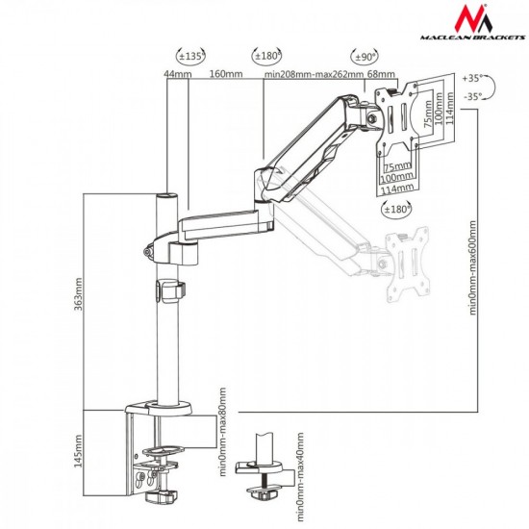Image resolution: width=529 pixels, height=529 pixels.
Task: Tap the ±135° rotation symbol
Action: pos(191,56)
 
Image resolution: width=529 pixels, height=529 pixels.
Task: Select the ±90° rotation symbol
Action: pos(365,56)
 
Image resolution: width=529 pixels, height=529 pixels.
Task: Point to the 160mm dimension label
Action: pos(226,73)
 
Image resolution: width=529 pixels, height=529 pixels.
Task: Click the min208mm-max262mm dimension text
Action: pos(314,74)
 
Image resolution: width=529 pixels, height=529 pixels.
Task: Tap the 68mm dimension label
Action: pos(381,73)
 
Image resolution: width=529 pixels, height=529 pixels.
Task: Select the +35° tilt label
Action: pos(471,78)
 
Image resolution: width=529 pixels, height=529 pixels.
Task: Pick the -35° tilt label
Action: pos(472,97)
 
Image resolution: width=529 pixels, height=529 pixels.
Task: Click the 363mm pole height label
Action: pos(78,294)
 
